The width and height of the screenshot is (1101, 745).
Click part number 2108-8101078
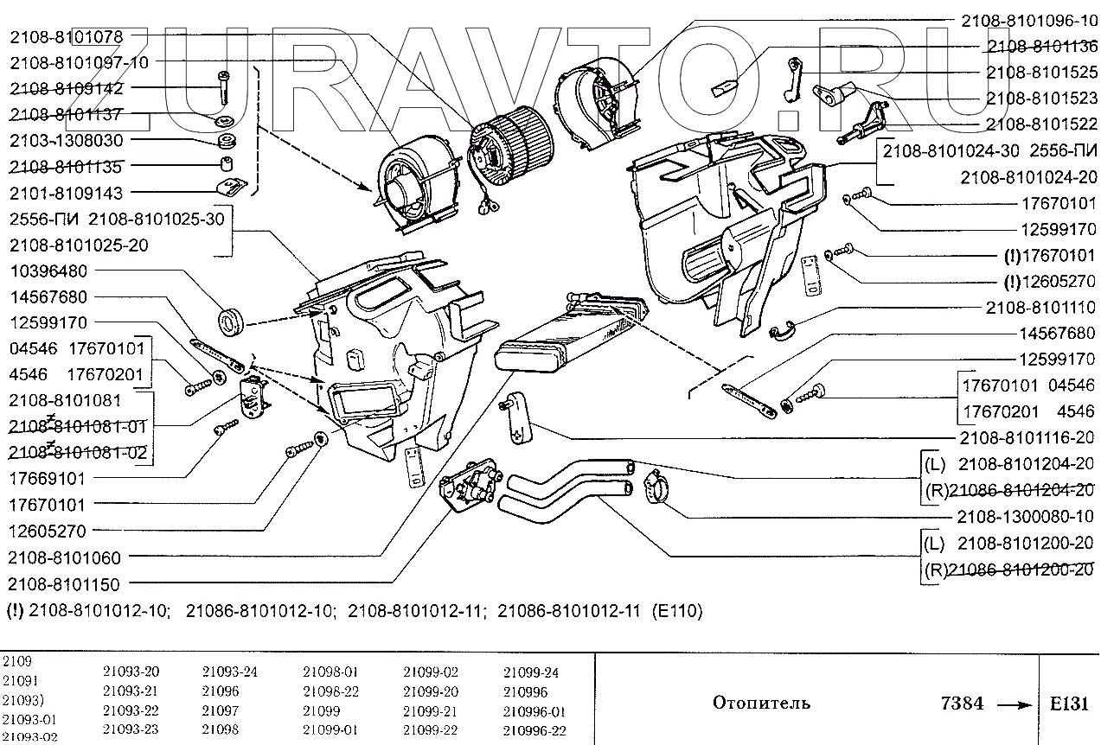pyautogui.click(x=66, y=36)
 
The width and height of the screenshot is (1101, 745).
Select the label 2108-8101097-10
pyautogui.click(x=79, y=62)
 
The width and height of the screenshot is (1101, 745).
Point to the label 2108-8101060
pyautogui.click(x=66, y=557)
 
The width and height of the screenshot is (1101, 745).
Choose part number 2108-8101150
pyautogui.click(x=66, y=584)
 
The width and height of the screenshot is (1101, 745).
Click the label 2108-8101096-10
pyautogui.click(x=1028, y=20)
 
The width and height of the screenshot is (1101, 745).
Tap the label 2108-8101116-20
pyautogui.click(x=1027, y=437)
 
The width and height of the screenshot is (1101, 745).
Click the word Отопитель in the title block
pyautogui.click(x=761, y=703)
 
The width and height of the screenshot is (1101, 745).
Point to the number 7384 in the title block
pyautogui.click(x=961, y=703)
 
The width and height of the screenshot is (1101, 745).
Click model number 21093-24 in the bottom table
pyautogui.click(x=230, y=672)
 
